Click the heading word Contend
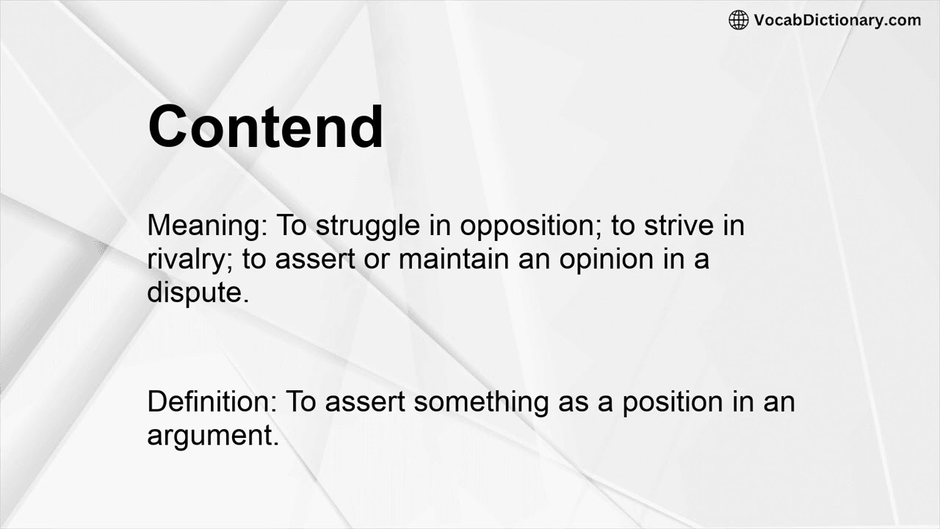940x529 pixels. (x=265, y=126)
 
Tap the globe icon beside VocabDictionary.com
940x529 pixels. (x=738, y=20)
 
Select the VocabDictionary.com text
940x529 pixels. (x=837, y=20)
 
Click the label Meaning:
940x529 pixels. (x=208, y=226)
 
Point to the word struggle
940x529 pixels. (x=369, y=226)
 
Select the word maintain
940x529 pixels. (x=461, y=259)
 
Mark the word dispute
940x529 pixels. (x=198, y=292)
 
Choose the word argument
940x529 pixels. (x=212, y=436)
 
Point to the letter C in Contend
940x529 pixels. (x=170, y=126)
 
